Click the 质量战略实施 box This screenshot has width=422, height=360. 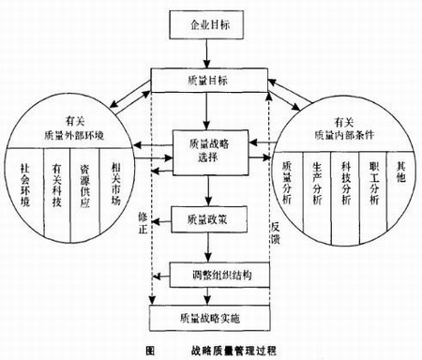tap(209, 318)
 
